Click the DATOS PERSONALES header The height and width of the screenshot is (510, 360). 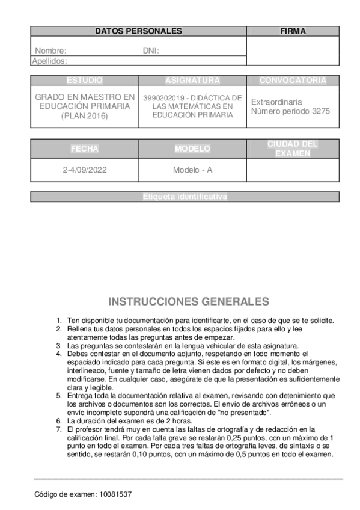point(138,31)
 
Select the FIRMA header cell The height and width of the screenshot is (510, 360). point(293,31)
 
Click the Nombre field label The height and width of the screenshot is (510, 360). point(50,51)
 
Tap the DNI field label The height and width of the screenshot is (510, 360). point(151,51)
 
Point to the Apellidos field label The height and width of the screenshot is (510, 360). point(49,61)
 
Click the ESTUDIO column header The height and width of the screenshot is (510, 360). point(85,81)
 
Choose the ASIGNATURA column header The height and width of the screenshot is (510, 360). point(192,81)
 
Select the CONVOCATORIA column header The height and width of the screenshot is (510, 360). point(293,81)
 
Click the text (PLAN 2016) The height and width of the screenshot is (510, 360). point(85,116)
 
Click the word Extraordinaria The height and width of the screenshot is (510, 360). point(276,102)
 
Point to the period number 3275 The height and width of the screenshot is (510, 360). point(321,111)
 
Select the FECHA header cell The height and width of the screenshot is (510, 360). point(85,149)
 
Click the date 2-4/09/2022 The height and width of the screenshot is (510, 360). point(85,170)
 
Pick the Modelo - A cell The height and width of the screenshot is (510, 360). point(192,170)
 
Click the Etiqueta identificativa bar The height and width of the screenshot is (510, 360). point(185,197)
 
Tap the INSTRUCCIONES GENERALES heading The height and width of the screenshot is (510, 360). point(189,301)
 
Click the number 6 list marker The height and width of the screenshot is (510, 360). point(58,421)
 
